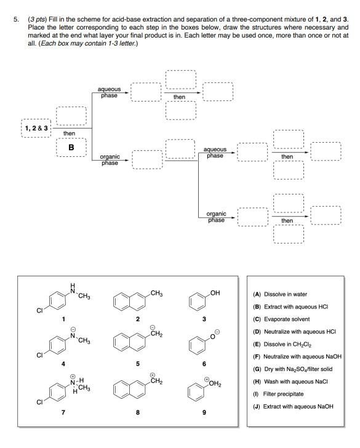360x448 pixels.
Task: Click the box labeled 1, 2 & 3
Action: pos(36,128)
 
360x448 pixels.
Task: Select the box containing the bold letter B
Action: pos(71,148)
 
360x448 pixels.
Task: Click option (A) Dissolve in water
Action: pos(282,294)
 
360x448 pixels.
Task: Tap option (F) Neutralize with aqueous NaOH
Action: pos(297,356)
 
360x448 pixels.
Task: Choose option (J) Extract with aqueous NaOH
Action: pos(292,406)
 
